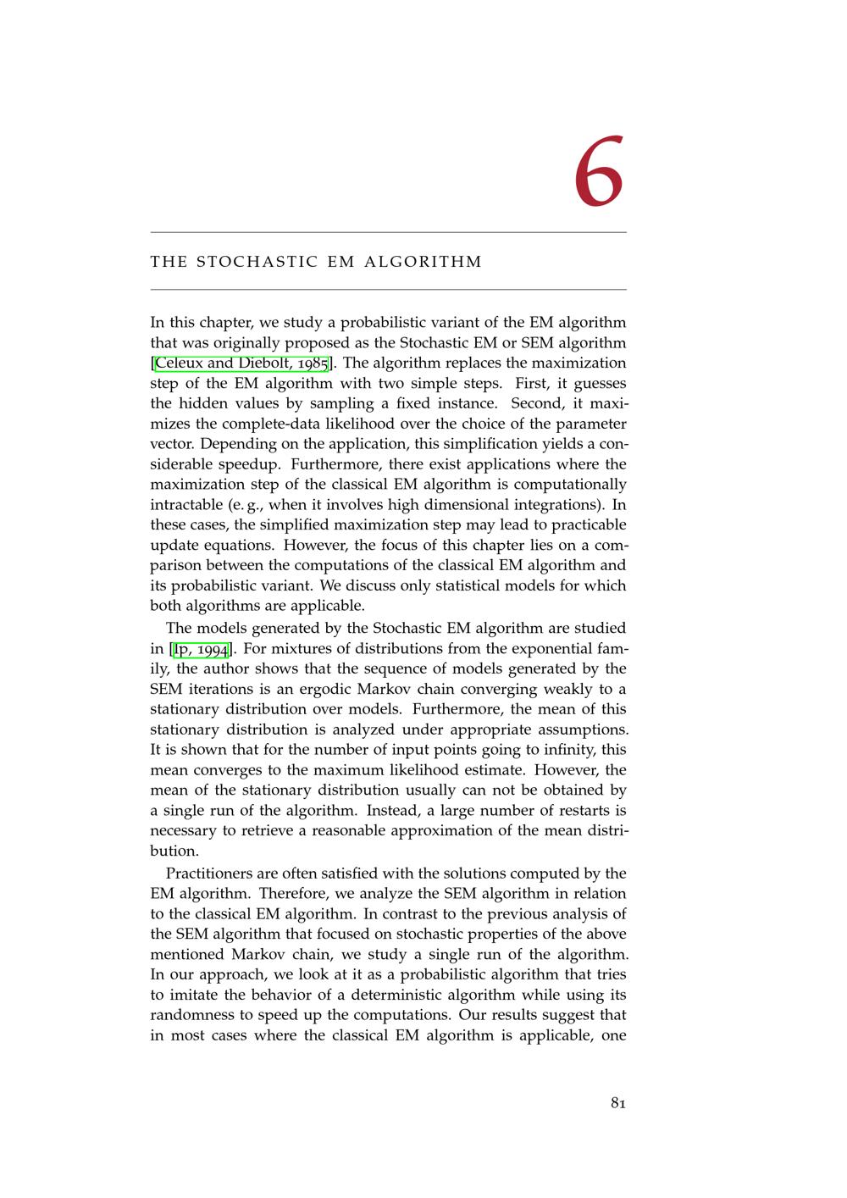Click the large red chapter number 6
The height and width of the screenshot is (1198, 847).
pyautogui.click(x=599, y=172)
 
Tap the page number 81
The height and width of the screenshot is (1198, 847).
pyautogui.click(x=617, y=1103)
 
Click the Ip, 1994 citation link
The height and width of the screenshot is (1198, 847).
pyautogui.click(x=201, y=649)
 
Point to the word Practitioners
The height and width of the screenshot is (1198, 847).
pyautogui.click(x=210, y=874)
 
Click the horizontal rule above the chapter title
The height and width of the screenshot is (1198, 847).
pyautogui.click(x=388, y=232)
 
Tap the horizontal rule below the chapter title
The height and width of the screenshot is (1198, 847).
pyautogui.click(x=388, y=290)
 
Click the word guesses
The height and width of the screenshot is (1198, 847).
pyautogui.click(x=600, y=384)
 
